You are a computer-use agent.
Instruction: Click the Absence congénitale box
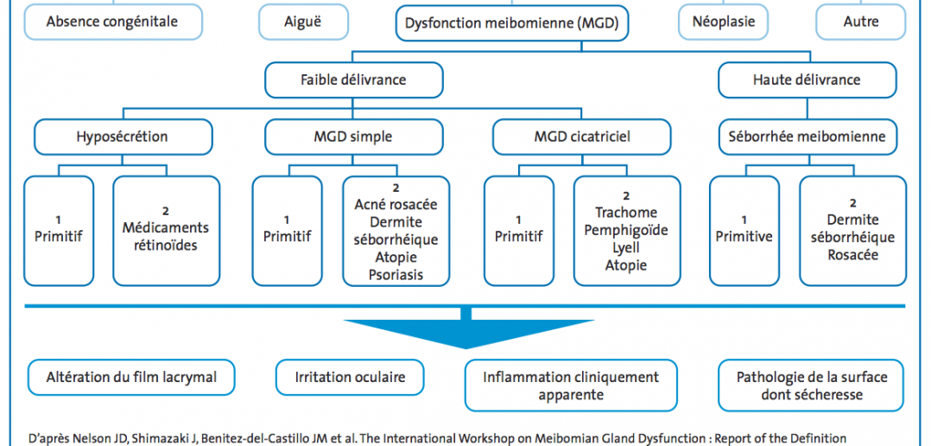(x=112, y=22)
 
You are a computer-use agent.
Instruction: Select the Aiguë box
(x=303, y=22)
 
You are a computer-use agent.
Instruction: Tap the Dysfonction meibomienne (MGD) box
(x=512, y=23)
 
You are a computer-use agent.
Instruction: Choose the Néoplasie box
(x=724, y=22)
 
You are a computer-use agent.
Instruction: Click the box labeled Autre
(x=861, y=22)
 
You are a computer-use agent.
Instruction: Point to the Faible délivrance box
(x=354, y=80)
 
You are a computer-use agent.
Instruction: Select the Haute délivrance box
(x=807, y=80)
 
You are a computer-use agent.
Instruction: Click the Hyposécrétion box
(x=123, y=137)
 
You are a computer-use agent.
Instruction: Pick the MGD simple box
(x=353, y=137)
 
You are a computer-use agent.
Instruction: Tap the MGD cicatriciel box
(x=582, y=137)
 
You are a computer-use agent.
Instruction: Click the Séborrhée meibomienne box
(x=807, y=137)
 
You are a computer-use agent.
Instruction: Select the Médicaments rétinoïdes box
(x=166, y=231)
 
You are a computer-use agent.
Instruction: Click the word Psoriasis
(x=396, y=275)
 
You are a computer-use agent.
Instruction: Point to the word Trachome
(x=626, y=213)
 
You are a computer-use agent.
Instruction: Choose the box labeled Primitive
(x=744, y=231)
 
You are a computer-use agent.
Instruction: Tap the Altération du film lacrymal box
(x=131, y=377)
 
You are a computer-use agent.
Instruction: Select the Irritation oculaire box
(x=350, y=377)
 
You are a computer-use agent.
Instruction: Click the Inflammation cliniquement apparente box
(x=571, y=385)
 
